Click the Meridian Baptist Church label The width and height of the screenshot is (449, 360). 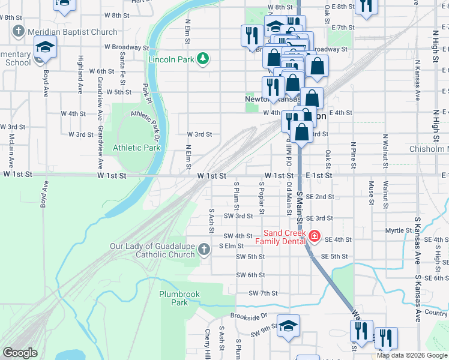(73, 32)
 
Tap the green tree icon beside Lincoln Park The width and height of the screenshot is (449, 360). (204, 58)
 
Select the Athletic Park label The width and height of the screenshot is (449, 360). (136, 148)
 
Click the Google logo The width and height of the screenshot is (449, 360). (20, 353)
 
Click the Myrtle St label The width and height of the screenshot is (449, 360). (398, 230)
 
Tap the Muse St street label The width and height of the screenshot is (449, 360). (371, 193)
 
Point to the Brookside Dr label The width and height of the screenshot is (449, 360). (249, 316)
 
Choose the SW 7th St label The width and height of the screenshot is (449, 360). (263, 293)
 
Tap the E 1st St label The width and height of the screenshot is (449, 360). (319, 175)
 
